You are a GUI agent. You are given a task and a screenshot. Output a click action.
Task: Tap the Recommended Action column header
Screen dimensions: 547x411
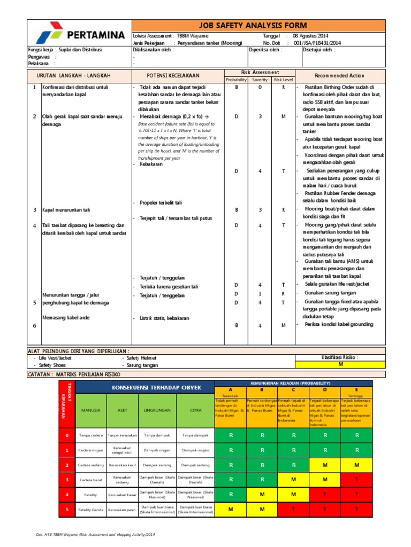339,76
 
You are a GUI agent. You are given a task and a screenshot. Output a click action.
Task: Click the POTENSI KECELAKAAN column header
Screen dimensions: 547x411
170,76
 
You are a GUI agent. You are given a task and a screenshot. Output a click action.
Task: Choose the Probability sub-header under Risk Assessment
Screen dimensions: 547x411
236,80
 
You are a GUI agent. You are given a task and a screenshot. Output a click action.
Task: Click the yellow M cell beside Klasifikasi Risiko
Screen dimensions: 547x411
340,364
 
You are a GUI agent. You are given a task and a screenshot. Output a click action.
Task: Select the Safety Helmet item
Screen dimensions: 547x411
141,357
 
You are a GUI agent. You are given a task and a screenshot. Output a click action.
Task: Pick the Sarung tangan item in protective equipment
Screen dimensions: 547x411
142,365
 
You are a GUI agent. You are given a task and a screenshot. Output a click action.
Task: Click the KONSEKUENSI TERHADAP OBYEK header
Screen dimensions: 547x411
149,387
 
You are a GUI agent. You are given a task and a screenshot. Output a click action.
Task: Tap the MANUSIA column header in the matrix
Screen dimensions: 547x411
90,410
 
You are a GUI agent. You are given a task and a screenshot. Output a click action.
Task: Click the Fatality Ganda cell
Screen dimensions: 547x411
90,510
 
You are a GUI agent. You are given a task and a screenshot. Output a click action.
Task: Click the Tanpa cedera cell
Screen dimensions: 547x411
91,435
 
